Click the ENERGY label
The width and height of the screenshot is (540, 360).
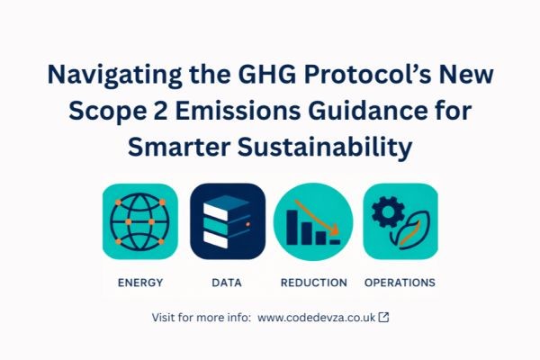pos(140,283)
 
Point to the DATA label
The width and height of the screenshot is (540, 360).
pos(227,283)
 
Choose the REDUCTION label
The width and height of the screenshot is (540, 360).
pos(313,283)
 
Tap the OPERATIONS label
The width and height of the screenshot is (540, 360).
pos(400,283)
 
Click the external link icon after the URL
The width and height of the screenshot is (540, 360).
pos(384,318)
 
